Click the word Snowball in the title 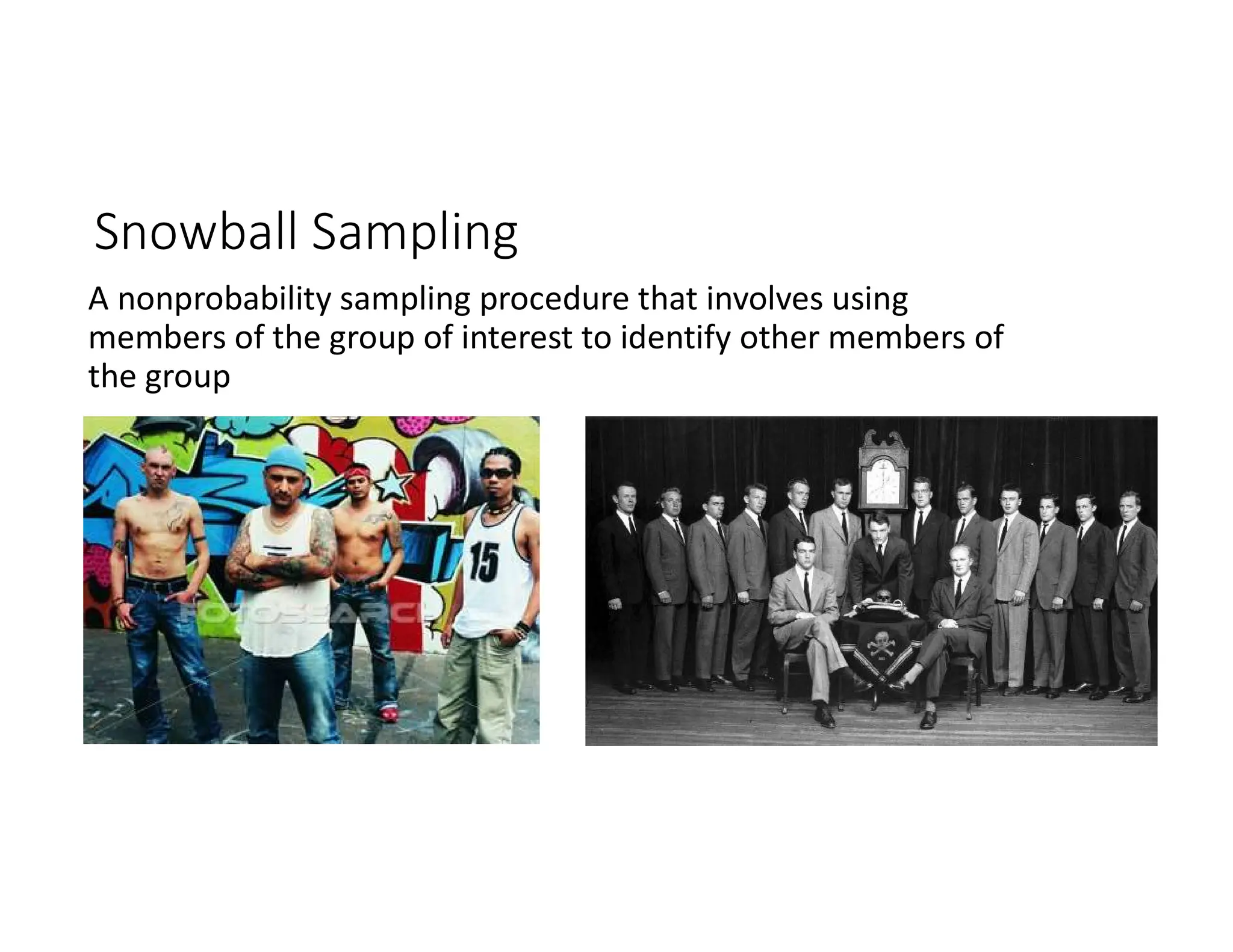click(x=195, y=232)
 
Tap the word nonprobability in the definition click(x=224, y=299)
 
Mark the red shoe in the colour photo click(x=388, y=714)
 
